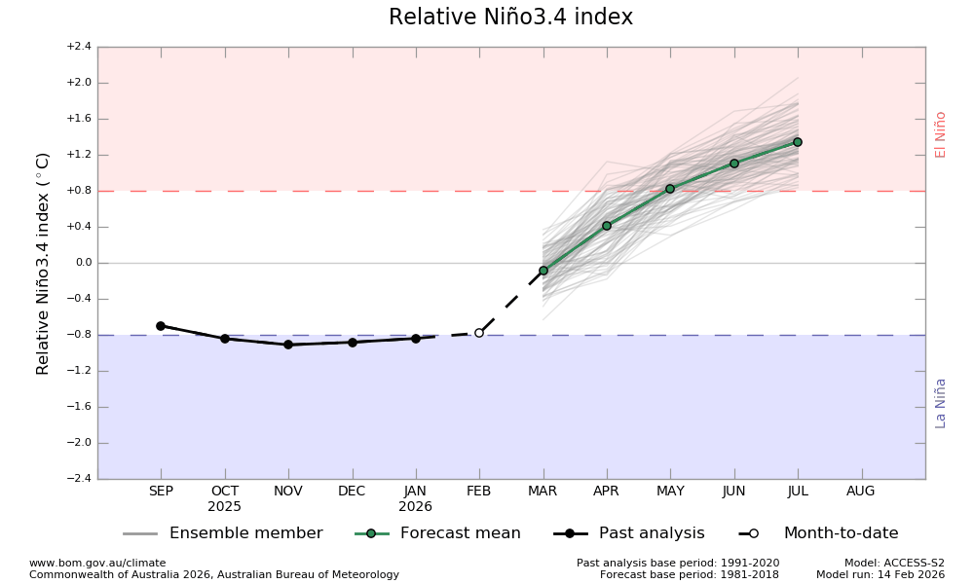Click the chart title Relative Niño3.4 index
(510, 18)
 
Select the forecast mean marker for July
(797, 142)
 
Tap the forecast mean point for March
(543, 271)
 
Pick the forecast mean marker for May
(670, 189)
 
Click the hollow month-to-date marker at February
(479, 333)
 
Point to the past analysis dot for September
(161, 326)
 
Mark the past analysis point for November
(288, 345)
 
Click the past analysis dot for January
(416, 339)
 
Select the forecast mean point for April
(607, 226)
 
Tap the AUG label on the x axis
(861, 492)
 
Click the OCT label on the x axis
(225, 492)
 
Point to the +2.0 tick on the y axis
(79, 83)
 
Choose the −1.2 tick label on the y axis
(79, 371)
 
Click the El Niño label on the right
(941, 134)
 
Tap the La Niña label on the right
(941, 403)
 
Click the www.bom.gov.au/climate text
(97, 563)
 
